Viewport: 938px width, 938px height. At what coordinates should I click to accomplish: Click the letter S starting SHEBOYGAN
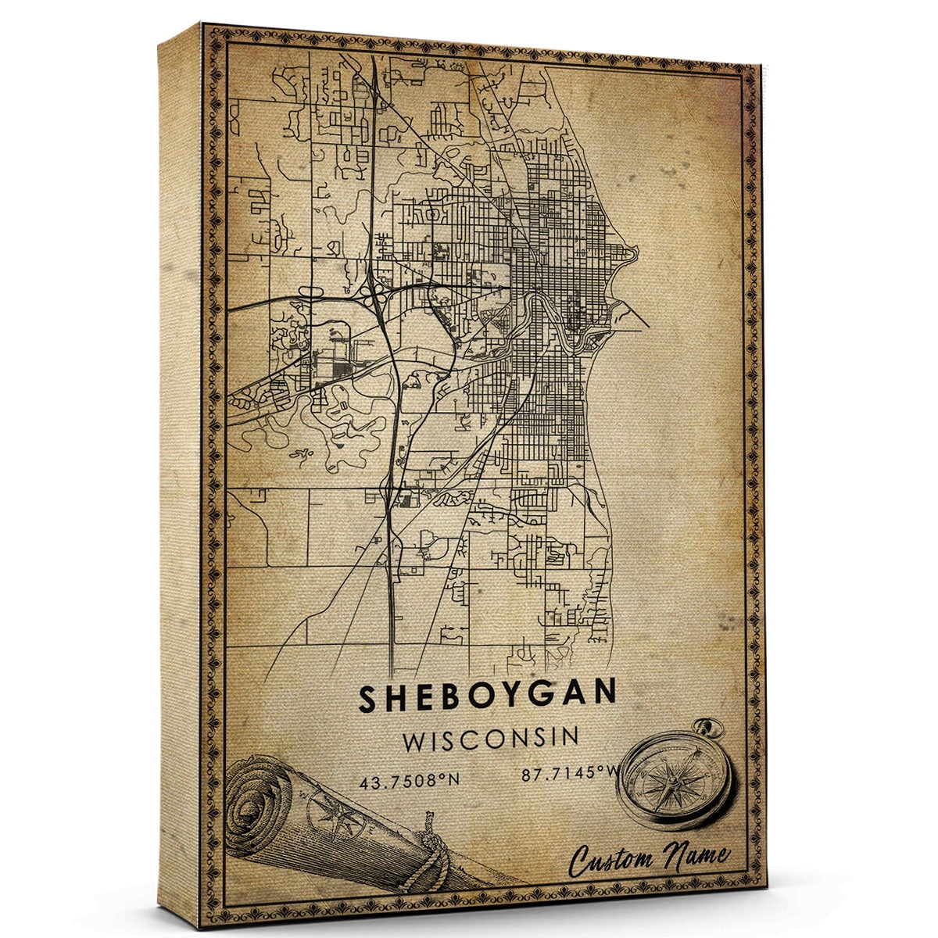(367, 699)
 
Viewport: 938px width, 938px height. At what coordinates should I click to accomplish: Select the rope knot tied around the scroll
(431, 848)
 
